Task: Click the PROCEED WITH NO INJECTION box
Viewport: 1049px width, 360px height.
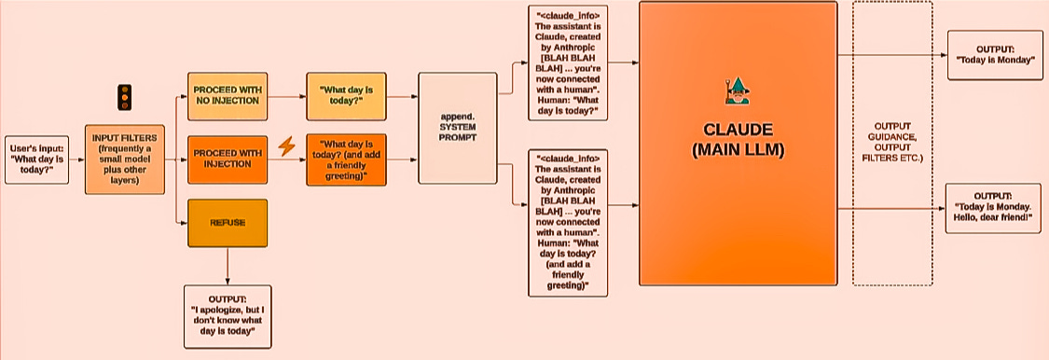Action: point(227,95)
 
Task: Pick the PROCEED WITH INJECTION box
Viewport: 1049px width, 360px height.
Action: point(227,158)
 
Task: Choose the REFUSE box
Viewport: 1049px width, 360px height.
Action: point(227,223)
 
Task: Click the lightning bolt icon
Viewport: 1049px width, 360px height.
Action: point(287,146)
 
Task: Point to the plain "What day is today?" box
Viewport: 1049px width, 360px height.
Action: point(345,95)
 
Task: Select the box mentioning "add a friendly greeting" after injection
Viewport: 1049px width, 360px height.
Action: point(345,161)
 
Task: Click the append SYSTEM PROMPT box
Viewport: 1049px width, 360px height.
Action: point(459,129)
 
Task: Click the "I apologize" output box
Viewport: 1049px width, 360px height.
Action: point(228,316)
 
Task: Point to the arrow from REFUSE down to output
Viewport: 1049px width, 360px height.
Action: point(228,266)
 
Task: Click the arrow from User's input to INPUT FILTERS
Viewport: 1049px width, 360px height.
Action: point(76,158)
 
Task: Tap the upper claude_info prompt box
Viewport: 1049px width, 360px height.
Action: point(569,63)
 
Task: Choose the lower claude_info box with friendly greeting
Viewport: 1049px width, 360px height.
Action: point(569,223)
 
